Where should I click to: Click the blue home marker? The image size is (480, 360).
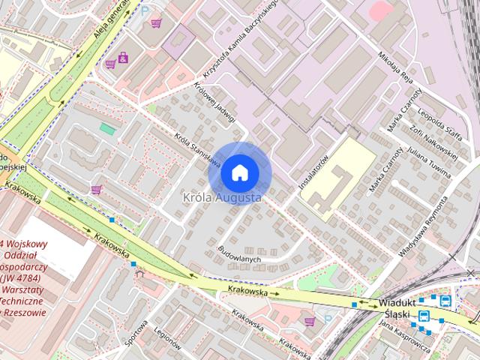[x=239, y=173]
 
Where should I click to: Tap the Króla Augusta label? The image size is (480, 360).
[x=223, y=198]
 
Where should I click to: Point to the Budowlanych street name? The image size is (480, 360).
[x=239, y=253]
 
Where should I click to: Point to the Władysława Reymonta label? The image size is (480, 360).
[x=424, y=226]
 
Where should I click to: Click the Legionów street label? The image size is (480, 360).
[x=169, y=338]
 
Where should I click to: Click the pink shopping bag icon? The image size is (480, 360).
[x=123, y=57]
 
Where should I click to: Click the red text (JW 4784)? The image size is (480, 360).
[x=28, y=276]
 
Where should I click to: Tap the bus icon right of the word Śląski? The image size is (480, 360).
[x=445, y=301]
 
